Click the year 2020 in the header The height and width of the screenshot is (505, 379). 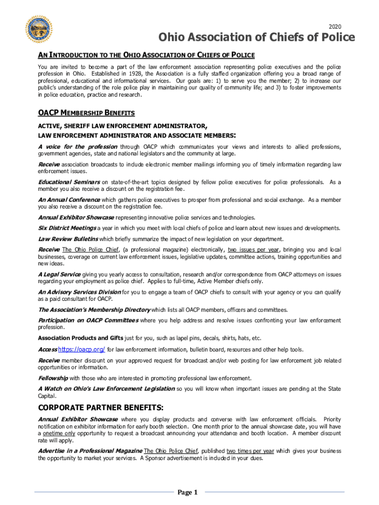point(334,26)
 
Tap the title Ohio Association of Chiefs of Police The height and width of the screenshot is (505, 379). point(249,37)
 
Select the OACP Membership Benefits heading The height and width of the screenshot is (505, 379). point(87,113)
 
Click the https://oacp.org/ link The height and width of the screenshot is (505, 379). point(82,350)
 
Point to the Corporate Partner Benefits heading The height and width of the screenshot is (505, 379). point(101,408)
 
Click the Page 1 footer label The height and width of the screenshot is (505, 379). point(188,492)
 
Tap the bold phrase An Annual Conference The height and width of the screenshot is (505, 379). point(69,200)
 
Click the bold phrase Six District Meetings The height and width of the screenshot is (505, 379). point(67,228)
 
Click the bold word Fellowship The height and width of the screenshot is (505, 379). point(53,378)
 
